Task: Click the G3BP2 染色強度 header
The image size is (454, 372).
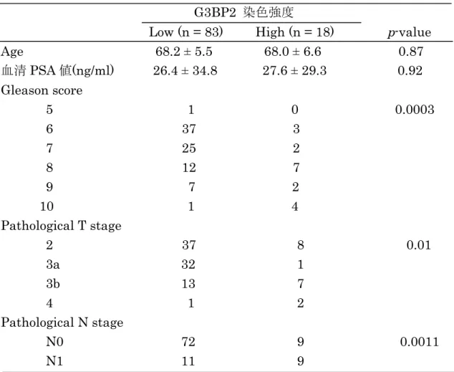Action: tap(243, 12)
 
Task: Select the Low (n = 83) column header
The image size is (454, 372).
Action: tap(186, 32)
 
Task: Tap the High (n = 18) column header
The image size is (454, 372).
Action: tap(294, 32)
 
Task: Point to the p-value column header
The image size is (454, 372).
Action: tap(410, 32)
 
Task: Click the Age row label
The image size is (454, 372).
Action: tap(12, 52)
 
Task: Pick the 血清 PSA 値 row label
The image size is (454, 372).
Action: tap(57, 70)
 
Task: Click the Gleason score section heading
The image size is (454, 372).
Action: tap(42, 90)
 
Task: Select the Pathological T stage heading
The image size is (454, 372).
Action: tap(61, 226)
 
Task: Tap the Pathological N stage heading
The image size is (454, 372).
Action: tap(62, 323)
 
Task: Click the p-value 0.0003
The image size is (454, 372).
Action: tap(415, 110)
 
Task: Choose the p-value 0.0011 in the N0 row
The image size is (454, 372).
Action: tap(420, 342)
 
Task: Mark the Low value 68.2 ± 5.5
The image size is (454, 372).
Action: tap(184, 52)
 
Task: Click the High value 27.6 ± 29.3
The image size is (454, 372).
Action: tap(294, 71)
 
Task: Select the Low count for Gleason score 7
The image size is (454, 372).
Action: tap(189, 148)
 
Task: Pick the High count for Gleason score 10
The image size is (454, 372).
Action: tap(295, 206)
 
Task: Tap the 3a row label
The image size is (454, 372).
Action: tap(53, 264)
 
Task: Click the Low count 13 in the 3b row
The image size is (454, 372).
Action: tap(188, 284)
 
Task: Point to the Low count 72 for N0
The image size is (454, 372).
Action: tap(188, 342)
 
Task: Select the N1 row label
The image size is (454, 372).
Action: tap(54, 361)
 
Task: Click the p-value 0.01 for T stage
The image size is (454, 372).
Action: tap(418, 245)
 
